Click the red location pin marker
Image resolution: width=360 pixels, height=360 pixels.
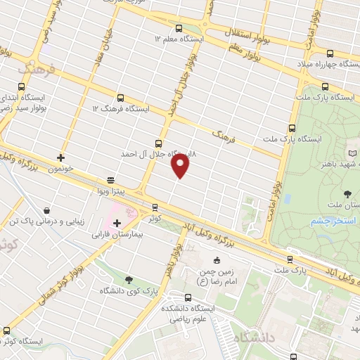click(x=180, y=165)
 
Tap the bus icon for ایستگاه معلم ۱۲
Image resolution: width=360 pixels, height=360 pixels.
click(x=179, y=29)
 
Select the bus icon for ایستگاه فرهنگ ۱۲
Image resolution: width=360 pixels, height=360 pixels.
click(x=120, y=98)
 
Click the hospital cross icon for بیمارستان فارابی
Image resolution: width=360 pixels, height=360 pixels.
click(x=117, y=224)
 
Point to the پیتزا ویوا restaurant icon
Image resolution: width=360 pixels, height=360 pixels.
click(x=110, y=180)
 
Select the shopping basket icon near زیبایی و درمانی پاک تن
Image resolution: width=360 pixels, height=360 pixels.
click(x=46, y=210)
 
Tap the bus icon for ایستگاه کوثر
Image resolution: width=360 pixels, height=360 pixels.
click(x=7, y=330)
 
